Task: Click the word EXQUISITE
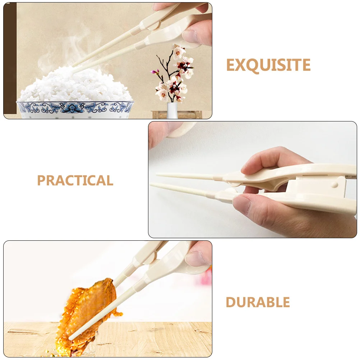(268, 65)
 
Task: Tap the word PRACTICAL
(75, 180)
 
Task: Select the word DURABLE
(258, 303)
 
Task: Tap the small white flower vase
(172, 110)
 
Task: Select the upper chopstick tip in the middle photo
(158, 175)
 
